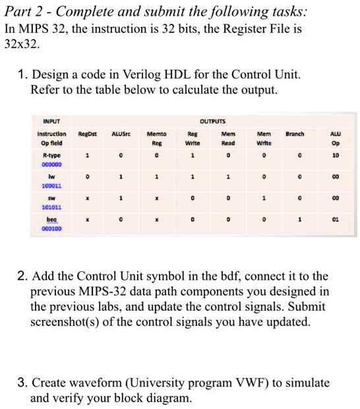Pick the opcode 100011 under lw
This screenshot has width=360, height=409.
coord(51,187)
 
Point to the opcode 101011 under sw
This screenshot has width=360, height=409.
coord(51,205)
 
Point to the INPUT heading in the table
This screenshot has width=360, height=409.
coord(51,121)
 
